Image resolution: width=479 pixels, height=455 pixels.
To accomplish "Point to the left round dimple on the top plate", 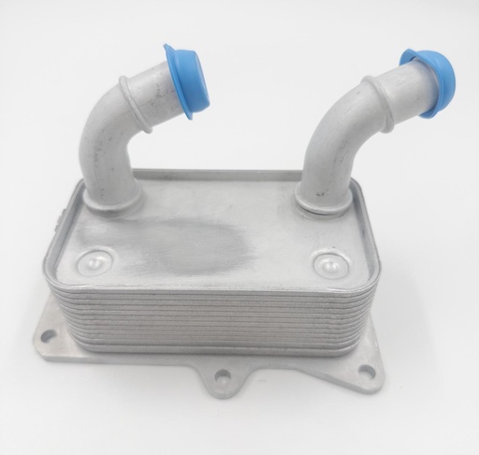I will [95, 259].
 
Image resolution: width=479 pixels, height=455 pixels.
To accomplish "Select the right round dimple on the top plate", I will [327, 260].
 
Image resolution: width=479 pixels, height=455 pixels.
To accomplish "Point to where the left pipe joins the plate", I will [118, 196].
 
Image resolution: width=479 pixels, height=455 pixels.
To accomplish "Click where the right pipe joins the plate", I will [323, 197].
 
